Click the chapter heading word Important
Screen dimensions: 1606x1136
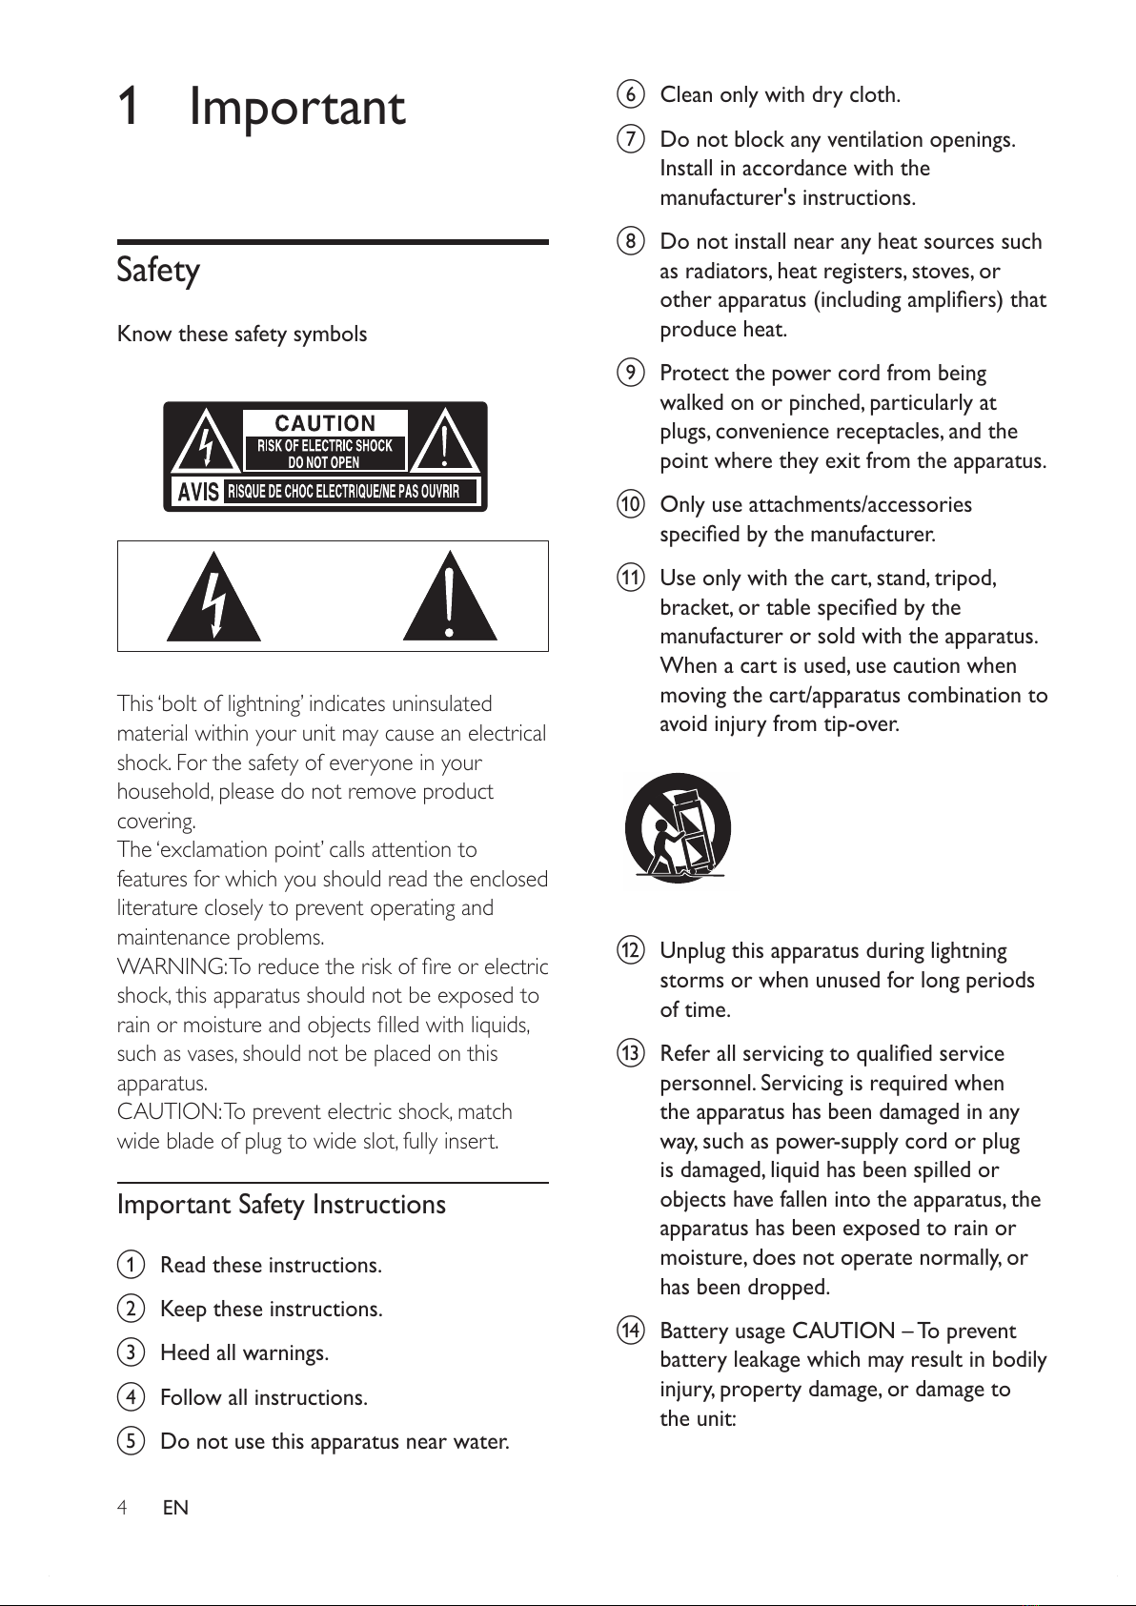point(297,107)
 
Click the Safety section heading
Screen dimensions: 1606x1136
point(158,270)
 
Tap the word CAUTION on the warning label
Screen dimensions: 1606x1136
point(325,423)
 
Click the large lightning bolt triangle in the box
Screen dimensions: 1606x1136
point(213,598)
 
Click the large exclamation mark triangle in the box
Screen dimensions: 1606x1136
point(450,598)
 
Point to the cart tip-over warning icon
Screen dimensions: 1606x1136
point(678,827)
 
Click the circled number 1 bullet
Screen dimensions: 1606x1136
point(131,1265)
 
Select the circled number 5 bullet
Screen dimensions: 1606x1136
point(131,1441)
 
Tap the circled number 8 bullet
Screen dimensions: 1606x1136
point(630,241)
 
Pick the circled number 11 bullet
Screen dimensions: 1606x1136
point(630,578)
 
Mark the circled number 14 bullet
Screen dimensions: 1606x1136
point(630,1331)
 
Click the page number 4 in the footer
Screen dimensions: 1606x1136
point(122,1508)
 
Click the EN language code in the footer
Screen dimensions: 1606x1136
point(175,1508)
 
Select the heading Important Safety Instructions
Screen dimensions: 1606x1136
point(281,1205)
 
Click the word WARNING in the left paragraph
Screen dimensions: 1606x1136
point(171,966)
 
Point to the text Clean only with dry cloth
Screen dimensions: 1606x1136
point(780,95)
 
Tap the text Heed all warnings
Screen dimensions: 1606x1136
point(244,1353)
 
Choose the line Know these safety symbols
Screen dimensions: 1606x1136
point(242,335)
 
